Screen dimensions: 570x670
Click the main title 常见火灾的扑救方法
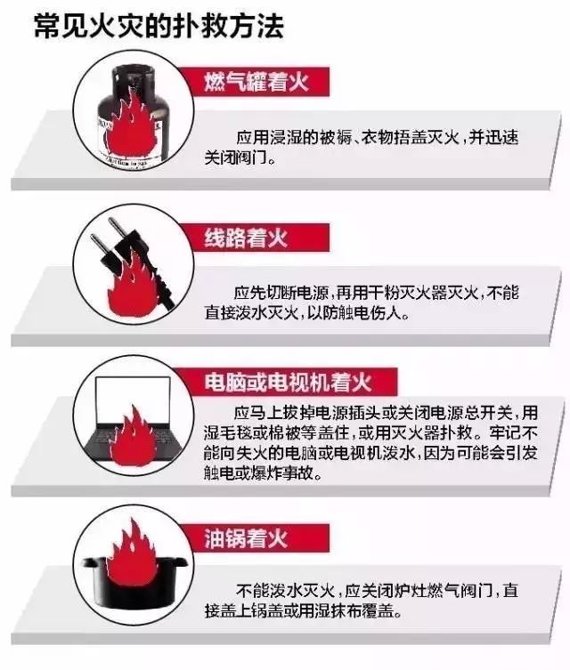(x=159, y=27)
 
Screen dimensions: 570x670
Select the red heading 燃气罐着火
(x=256, y=82)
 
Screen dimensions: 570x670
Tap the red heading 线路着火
(x=246, y=238)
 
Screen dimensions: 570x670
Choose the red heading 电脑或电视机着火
(x=288, y=382)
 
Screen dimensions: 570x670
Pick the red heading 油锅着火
(x=246, y=538)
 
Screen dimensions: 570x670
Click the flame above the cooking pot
(x=134, y=552)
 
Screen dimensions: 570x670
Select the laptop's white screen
(x=133, y=400)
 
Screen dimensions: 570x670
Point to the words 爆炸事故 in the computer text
(x=283, y=473)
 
